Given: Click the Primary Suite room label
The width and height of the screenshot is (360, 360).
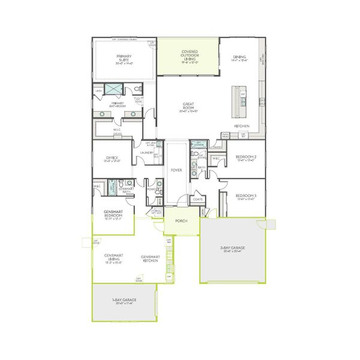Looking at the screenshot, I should [124, 58].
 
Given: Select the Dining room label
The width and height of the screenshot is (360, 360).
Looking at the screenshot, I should [239, 56].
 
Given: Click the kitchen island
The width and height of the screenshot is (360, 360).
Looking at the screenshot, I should [243, 103].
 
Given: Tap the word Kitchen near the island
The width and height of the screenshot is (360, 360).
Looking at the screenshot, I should [242, 126].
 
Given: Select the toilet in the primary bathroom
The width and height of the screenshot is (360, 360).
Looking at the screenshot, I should [138, 89].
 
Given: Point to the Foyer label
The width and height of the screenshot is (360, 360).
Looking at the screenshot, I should [176, 170].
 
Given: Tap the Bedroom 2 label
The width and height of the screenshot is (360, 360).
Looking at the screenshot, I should [246, 157].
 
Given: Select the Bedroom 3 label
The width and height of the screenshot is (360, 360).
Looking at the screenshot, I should [245, 197].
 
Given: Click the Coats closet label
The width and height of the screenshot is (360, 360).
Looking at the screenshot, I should [197, 199].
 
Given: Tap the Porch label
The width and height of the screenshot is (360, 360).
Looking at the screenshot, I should [182, 221].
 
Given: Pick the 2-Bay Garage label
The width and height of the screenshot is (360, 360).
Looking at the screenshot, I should [233, 249].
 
